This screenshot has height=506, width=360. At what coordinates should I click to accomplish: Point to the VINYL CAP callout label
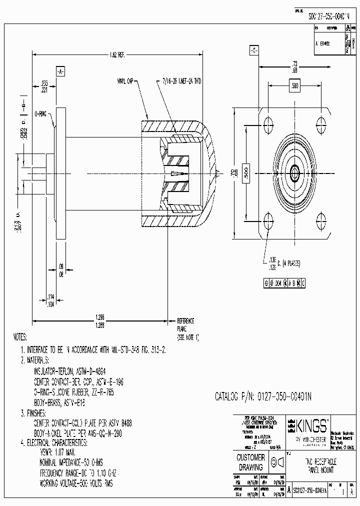pos(125,80)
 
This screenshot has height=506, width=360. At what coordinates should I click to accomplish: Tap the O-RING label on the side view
pos(41,114)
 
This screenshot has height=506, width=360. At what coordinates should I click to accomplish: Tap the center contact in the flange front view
pos(295,173)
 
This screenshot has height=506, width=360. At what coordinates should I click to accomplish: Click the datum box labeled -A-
pos(60,71)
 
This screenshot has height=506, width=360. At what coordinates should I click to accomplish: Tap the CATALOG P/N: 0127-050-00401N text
pos(263,396)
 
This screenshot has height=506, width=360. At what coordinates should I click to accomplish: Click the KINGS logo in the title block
pos(308,426)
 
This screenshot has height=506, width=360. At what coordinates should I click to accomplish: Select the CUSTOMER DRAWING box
pos(250,462)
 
